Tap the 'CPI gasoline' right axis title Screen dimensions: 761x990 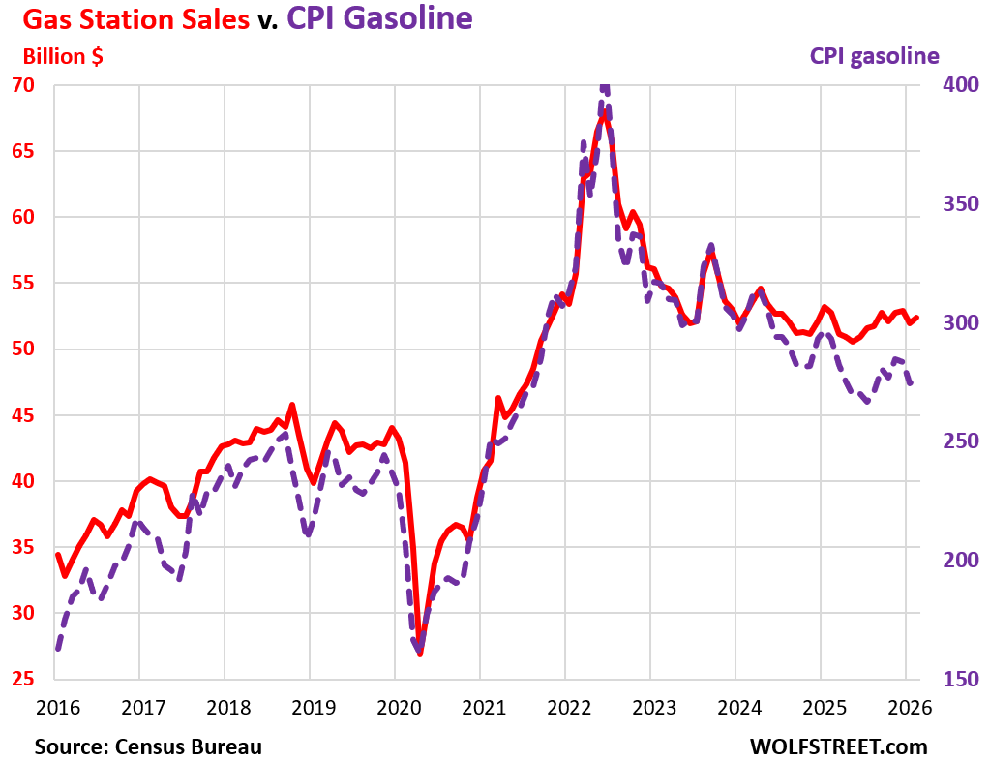pyautogui.click(x=874, y=56)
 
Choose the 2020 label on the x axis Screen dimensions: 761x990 pyautogui.click(x=395, y=708)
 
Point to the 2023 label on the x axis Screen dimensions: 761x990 pyautogui.click(x=650, y=708)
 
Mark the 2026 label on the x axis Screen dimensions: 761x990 pyautogui.click(x=906, y=708)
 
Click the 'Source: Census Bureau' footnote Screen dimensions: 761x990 pyautogui.click(x=148, y=746)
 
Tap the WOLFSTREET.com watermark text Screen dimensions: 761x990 pyautogui.click(x=838, y=746)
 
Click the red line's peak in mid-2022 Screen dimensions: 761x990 pyautogui.click(x=604, y=115)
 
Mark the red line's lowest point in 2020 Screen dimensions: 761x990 pyautogui.click(x=420, y=654)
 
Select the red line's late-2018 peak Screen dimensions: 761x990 pyautogui.click(x=292, y=405)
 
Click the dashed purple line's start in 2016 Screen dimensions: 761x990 pyautogui.click(x=57, y=648)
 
